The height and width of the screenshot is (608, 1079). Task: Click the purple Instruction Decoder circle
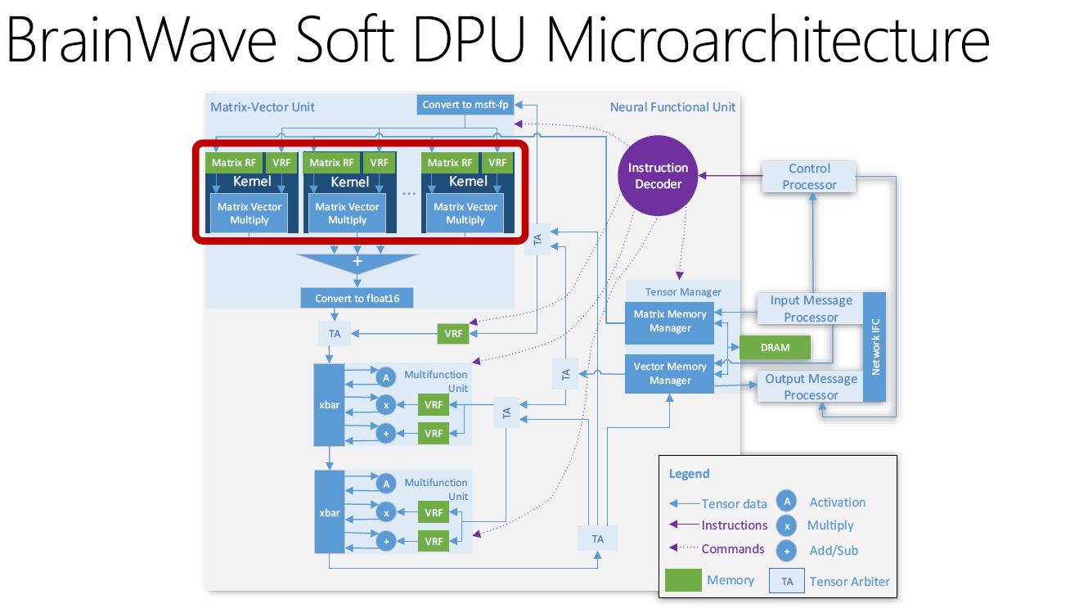tap(659, 176)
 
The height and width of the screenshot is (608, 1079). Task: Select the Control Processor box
tap(809, 177)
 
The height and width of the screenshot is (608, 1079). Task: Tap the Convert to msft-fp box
tap(458, 105)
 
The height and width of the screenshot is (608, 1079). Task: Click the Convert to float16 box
tap(357, 299)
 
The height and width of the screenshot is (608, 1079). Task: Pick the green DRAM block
tap(775, 348)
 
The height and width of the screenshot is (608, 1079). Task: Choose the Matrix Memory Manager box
tap(670, 322)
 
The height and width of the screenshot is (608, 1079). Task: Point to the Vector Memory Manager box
tap(670, 374)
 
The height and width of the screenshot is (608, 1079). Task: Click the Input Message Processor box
tap(811, 309)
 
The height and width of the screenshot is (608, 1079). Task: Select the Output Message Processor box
tap(811, 387)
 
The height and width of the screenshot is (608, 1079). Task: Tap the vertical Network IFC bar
tap(874, 347)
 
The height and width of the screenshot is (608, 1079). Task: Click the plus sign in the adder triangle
tap(357, 262)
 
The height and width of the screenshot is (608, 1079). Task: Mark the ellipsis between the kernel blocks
tap(409, 192)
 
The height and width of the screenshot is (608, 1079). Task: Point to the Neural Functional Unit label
tap(672, 107)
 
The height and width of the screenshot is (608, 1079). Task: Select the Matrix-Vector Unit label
tap(263, 107)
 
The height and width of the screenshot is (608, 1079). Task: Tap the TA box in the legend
tap(786, 582)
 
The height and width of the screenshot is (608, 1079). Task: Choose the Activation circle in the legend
tap(786, 502)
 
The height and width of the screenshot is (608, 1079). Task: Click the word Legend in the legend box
tap(689, 474)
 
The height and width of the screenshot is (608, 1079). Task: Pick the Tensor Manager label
tap(683, 292)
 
